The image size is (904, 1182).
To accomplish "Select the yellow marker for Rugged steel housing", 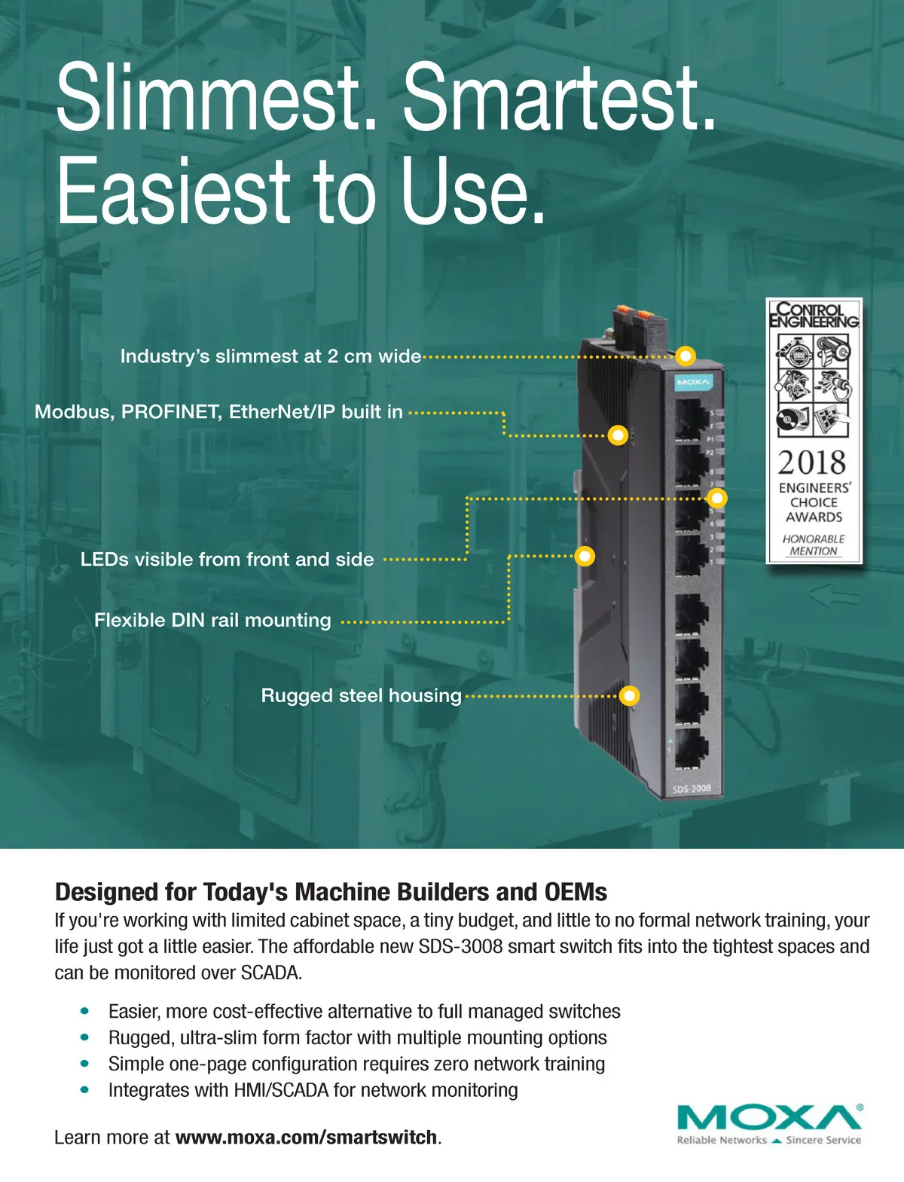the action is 629,695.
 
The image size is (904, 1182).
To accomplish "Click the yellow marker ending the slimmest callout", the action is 686,356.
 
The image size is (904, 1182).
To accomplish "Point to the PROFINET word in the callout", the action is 171,411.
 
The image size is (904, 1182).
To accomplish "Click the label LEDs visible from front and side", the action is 227,559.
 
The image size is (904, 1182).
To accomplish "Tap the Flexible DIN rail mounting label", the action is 212,620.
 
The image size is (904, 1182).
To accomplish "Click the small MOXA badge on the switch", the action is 694,383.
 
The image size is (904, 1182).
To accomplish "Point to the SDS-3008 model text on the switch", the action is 692,789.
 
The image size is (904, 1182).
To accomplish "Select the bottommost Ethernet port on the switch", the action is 692,748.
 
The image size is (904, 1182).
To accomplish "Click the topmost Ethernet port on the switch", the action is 692,419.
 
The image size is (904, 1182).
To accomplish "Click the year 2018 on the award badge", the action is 811,462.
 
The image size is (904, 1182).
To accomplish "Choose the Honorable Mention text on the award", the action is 813,545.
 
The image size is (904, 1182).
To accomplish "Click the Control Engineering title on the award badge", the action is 814,315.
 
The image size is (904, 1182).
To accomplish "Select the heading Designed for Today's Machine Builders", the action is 331,892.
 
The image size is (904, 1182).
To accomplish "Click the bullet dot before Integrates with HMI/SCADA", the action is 84,1089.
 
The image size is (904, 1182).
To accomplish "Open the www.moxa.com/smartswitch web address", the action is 306,1138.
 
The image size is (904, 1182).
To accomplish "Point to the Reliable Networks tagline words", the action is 722,1140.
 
